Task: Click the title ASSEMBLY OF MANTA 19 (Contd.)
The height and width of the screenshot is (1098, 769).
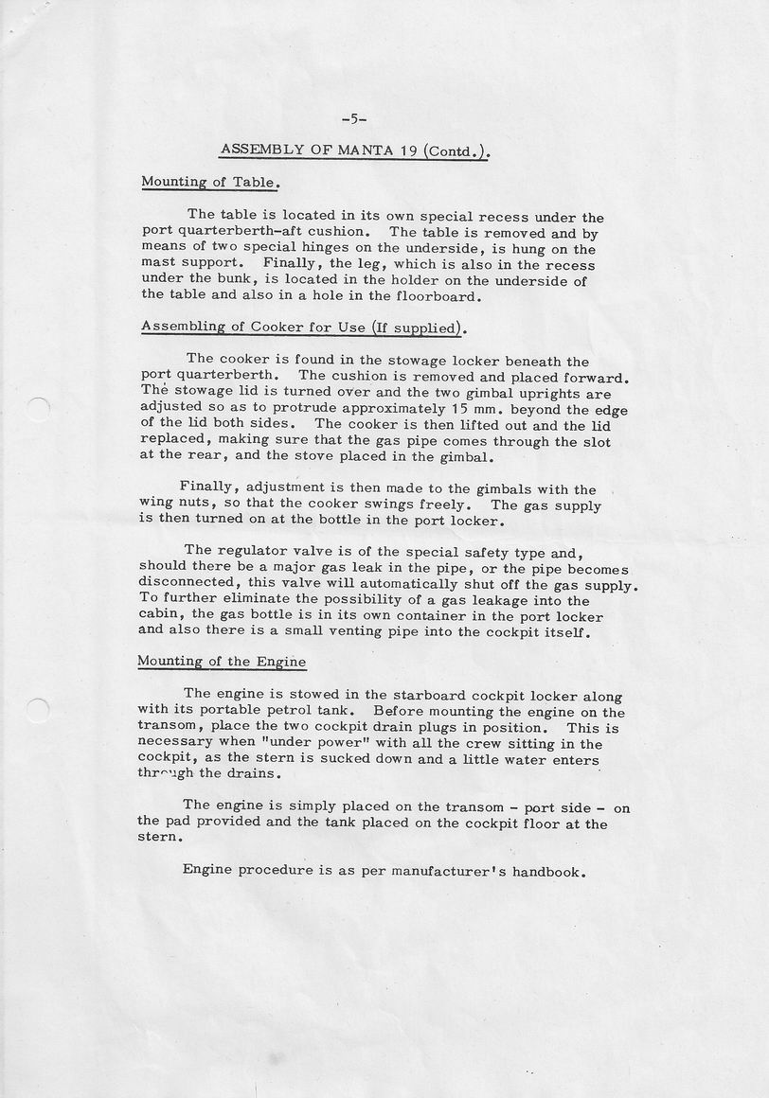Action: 353,150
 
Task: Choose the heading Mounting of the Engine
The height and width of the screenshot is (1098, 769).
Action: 222,661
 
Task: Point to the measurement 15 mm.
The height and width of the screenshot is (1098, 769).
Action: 464,410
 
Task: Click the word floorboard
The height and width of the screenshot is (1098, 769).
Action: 437,295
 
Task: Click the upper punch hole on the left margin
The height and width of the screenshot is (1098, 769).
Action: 36,410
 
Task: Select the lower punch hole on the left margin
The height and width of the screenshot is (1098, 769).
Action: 36,708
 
